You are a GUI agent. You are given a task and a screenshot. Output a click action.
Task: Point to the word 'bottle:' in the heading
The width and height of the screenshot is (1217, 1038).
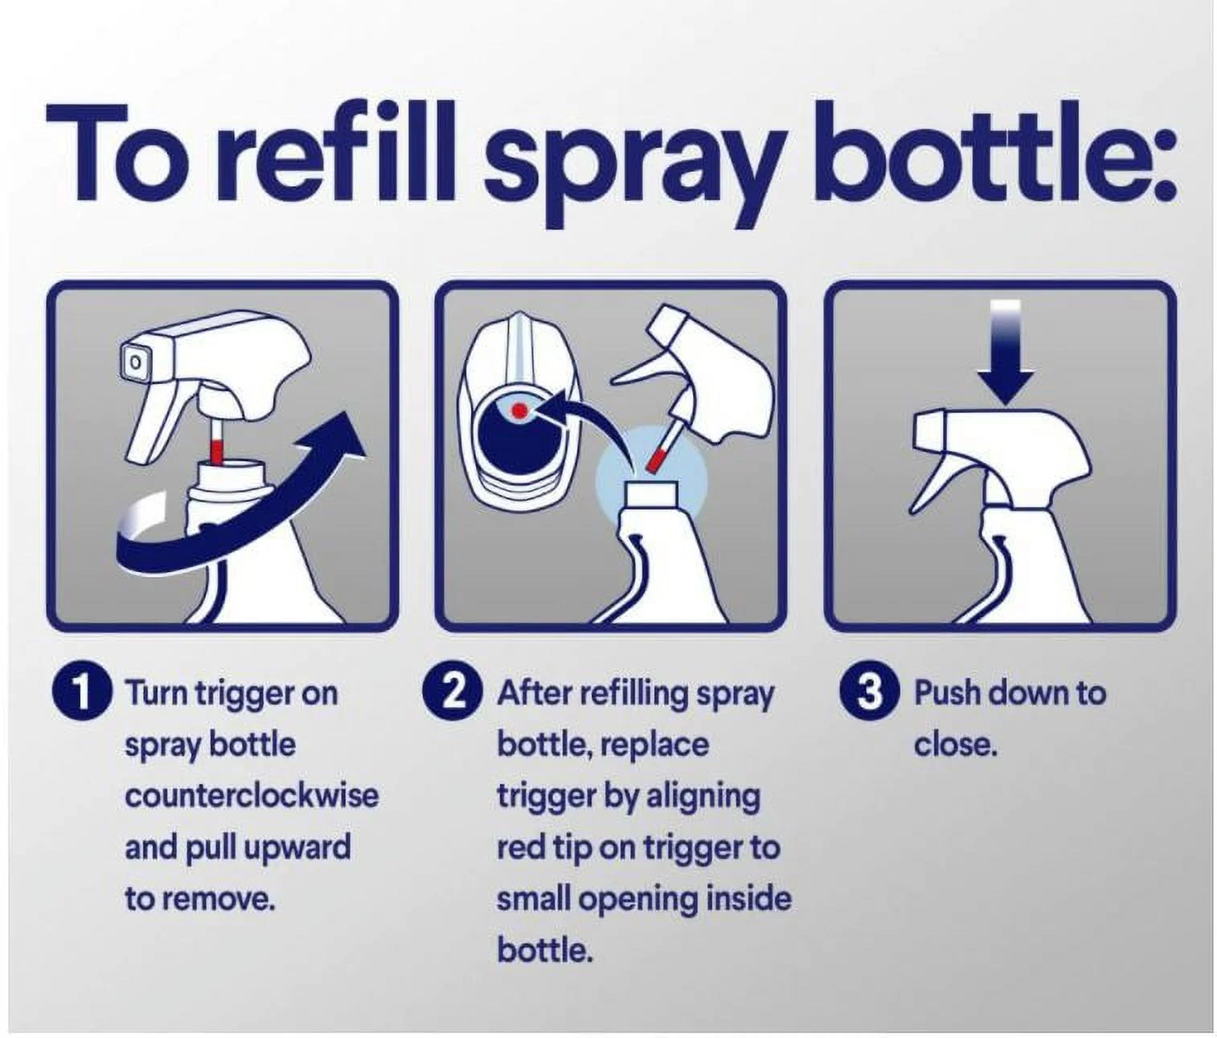(996, 153)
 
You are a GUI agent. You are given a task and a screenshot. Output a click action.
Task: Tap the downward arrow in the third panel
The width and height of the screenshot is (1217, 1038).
(1005, 353)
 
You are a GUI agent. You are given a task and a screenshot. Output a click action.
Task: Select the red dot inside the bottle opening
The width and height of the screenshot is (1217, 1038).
(518, 411)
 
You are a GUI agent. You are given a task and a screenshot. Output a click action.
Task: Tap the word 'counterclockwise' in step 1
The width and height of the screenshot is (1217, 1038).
(252, 796)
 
